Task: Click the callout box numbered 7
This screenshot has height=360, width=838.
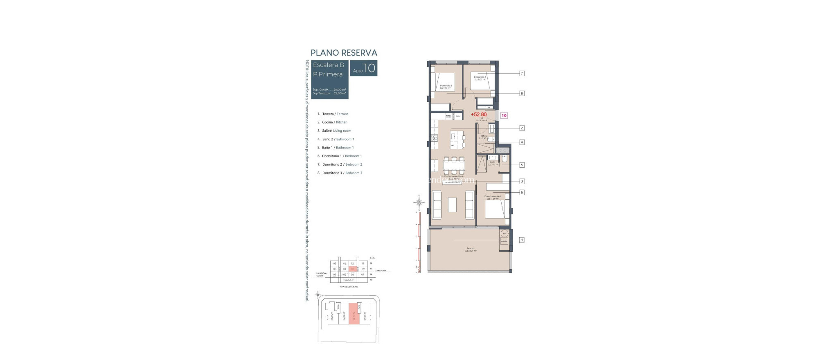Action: coord(522,73)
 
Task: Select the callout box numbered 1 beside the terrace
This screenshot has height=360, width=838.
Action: coord(522,240)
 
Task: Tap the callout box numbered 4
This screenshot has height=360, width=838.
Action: coord(522,142)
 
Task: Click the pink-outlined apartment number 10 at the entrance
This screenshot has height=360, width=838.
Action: coord(504,115)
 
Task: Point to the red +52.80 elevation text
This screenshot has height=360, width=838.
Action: coord(479,115)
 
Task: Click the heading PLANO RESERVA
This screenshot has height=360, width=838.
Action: coord(344,53)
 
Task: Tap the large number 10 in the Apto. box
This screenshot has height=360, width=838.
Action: coord(369,68)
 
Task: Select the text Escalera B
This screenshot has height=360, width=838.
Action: coord(328,65)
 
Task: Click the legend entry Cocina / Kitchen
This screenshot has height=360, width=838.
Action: coord(334,122)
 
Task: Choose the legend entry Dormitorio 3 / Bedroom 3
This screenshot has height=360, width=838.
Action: coord(342,173)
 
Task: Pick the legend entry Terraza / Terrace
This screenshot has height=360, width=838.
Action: coord(335,114)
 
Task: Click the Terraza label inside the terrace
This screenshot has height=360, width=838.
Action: coord(470,248)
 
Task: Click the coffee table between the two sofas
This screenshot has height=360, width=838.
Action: coord(452,205)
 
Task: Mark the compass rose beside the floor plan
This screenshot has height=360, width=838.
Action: coord(419,202)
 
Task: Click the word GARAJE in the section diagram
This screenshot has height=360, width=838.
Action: coord(348,280)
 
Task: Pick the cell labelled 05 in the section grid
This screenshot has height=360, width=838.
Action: coord(335,263)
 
